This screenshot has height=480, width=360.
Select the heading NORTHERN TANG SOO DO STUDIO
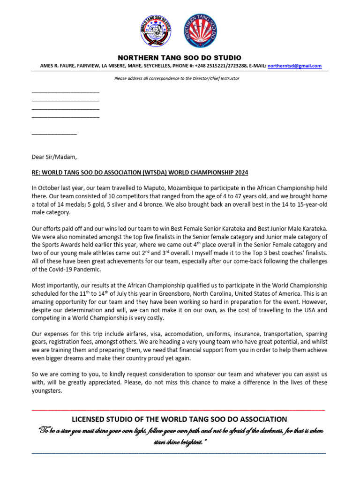tap(180, 58)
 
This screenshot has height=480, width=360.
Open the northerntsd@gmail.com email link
tap(294, 66)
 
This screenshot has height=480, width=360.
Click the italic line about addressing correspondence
tap(177, 78)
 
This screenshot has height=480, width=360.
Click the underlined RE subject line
tap(139, 172)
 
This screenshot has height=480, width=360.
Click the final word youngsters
tap(46, 391)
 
